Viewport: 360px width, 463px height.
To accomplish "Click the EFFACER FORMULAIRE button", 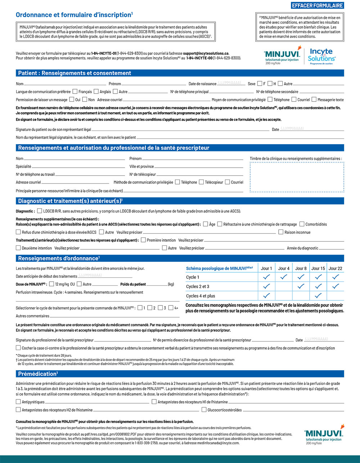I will click(317, 5).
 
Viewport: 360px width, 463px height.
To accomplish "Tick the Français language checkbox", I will click(75, 91).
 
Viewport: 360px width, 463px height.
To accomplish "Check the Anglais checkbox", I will click(96, 91).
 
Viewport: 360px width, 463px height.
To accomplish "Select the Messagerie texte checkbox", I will click(314, 99).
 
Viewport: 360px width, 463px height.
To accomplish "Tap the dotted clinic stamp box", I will click(297, 177).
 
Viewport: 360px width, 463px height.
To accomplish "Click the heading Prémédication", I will click(37, 374).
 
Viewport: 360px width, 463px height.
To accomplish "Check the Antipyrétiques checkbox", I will click(18, 401).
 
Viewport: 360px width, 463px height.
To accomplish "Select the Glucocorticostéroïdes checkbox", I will click(204, 409).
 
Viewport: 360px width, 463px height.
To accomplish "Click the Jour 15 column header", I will click(318, 268).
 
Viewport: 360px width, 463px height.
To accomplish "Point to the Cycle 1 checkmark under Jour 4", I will click(284, 277).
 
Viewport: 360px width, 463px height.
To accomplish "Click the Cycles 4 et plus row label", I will click(201, 296).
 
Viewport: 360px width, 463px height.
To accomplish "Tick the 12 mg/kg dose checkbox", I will click(51, 284).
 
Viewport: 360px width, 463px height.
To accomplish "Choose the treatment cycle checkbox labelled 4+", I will click(171, 308).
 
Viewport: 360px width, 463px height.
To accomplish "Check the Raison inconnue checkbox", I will click(281, 232).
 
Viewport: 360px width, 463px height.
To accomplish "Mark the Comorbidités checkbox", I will click(302, 224).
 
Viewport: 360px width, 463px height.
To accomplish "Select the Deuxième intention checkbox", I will click(18, 248).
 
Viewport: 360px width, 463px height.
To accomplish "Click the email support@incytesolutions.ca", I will click(206, 53).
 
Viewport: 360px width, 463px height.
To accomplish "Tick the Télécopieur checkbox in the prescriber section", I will click(201, 182).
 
